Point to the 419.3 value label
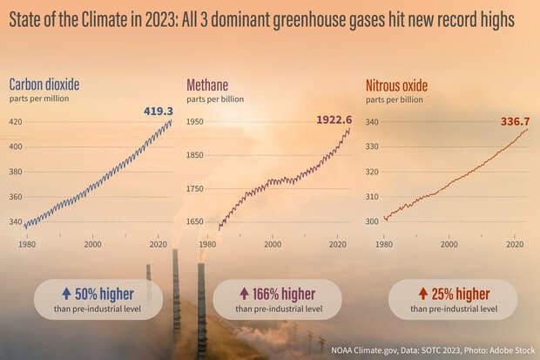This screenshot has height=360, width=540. (x=159, y=112)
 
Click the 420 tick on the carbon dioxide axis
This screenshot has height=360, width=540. (x=17, y=121)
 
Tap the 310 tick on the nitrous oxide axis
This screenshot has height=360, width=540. (x=373, y=197)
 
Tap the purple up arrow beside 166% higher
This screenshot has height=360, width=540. (x=244, y=294)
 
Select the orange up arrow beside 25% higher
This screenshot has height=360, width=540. (x=422, y=294)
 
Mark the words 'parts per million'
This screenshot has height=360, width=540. (x=40, y=98)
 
